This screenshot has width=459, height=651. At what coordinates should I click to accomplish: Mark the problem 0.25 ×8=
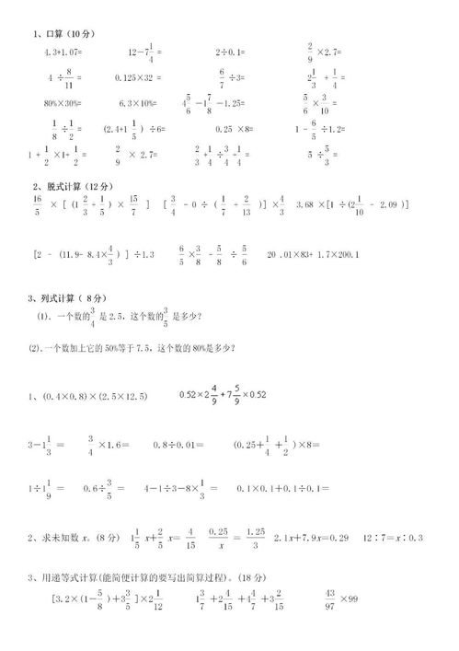(x=235, y=129)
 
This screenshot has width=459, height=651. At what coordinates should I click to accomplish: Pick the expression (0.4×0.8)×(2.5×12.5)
(x=93, y=396)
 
